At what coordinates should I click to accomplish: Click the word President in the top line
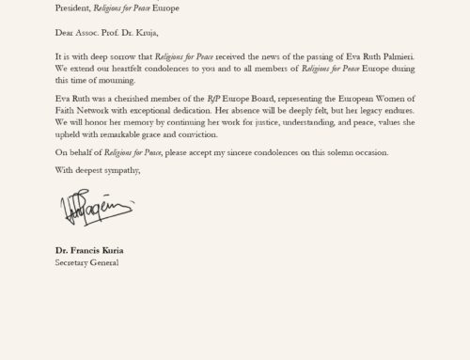[74, 8]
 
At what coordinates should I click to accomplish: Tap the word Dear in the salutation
[65, 31]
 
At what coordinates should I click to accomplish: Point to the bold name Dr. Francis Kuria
[88, 251]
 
